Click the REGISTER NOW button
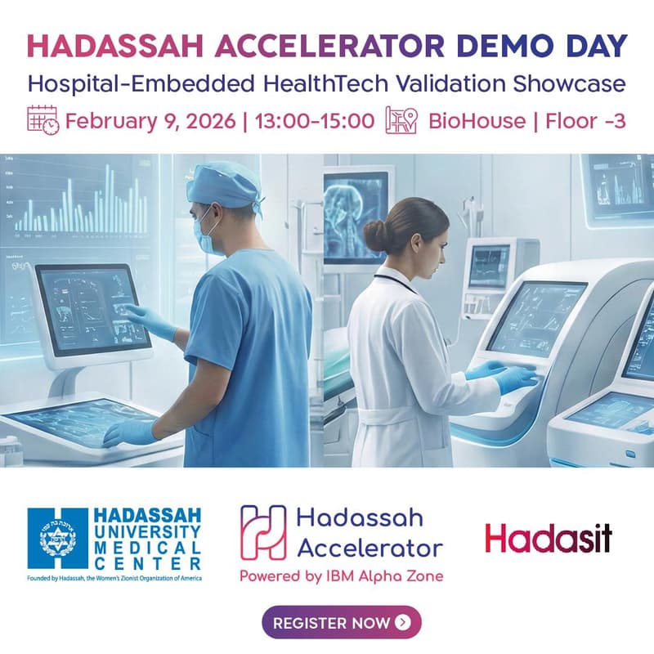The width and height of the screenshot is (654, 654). coord(341,622)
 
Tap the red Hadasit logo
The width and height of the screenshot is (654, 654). coord(548,538)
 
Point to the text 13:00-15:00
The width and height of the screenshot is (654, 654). coord(315,121)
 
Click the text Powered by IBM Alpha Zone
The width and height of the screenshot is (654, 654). coord(341,576)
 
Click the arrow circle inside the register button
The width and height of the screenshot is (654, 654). coord(402,623)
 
